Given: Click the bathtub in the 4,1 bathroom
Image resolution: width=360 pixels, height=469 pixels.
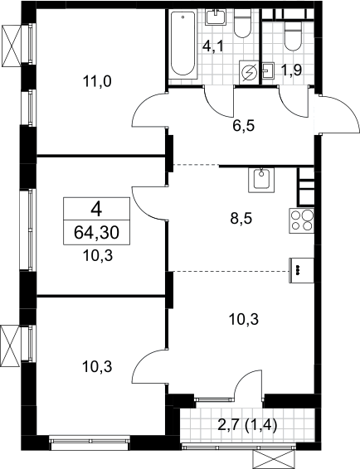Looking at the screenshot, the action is [182, 44].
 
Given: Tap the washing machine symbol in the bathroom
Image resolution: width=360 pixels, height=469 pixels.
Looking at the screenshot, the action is [249, 72].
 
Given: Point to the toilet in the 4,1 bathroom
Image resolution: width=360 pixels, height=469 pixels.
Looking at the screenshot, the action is [242, 22].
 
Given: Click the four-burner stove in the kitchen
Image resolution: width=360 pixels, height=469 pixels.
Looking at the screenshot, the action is [302, 220].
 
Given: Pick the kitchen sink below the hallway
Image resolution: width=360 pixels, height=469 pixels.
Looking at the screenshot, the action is [261, 180].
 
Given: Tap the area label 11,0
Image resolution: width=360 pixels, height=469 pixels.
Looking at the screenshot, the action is [97, 81].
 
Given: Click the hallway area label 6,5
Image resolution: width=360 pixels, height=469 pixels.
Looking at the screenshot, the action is [244, 126].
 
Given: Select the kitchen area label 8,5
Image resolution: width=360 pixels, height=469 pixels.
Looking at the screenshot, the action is [241, 219].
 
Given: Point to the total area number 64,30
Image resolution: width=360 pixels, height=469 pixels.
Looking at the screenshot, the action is [96, 233].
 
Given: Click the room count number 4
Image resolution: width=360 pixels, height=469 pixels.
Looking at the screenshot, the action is [96, 210].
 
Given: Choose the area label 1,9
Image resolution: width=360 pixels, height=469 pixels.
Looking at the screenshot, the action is [291, 70].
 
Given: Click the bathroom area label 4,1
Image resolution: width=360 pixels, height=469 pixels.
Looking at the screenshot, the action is [213, 46].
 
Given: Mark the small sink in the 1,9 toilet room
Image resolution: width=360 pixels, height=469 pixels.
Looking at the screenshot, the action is [269, 70].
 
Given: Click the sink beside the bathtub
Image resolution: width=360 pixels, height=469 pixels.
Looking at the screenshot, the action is [216, 17].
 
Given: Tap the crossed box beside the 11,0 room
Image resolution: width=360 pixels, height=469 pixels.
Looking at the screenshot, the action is [12, 46].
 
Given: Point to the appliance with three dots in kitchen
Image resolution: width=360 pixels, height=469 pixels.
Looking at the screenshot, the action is [302, 270].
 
